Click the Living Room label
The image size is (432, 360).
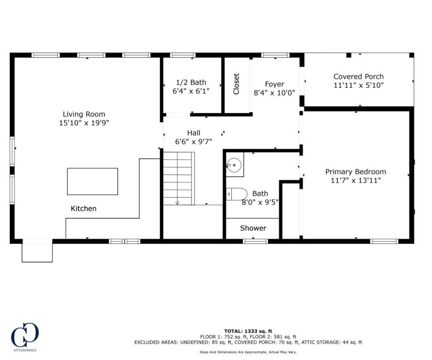84,114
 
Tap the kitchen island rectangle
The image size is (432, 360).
92,181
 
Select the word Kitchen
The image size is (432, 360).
83,209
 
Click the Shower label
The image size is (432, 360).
253,228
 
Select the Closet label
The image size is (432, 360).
236,84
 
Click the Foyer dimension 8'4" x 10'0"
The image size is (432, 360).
274,93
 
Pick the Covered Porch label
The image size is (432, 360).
358,77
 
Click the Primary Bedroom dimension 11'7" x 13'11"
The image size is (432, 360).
356,181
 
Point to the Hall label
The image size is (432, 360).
194,133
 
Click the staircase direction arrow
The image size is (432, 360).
177,203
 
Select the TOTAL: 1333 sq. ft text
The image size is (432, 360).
248,331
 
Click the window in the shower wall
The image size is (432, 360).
255,241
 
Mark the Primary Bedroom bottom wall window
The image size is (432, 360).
384,241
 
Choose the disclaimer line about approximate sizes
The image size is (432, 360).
248,352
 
